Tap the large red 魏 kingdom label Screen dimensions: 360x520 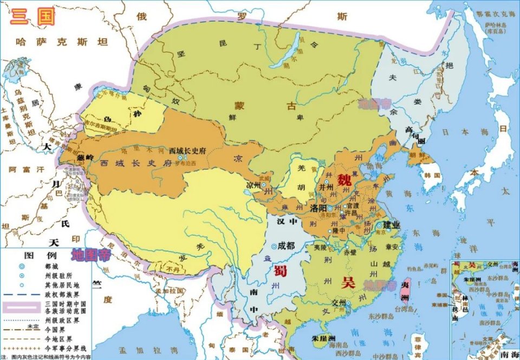click(344, 180)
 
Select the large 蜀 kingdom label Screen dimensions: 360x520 click(280, 271)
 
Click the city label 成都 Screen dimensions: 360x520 click(286, 246)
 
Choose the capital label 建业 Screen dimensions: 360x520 click(392, 225)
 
